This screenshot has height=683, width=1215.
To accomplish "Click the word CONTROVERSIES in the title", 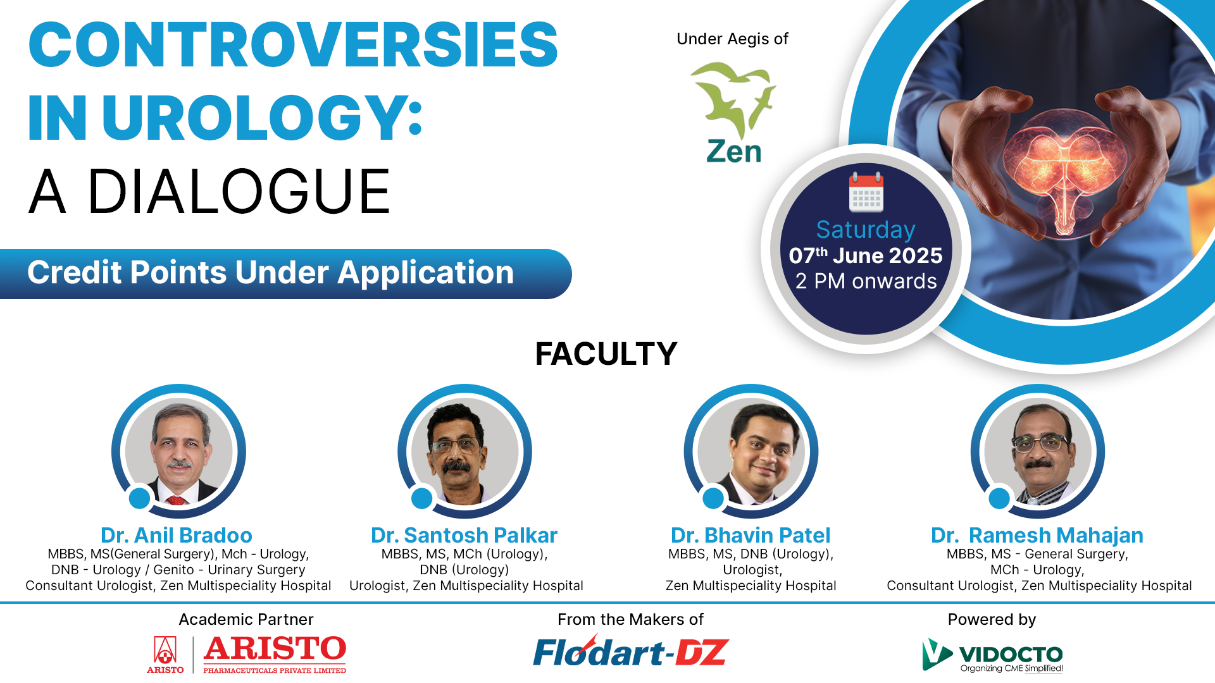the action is (293, 44).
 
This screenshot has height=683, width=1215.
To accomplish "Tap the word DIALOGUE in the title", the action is (239, 192).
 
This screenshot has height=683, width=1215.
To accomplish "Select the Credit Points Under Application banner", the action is (285, 274).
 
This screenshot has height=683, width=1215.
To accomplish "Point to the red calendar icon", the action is (866, 192).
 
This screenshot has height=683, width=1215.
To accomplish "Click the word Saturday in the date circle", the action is (866, 230).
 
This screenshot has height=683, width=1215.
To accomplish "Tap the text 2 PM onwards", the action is (866, 281).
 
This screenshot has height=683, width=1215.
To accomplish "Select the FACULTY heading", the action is (606, 354).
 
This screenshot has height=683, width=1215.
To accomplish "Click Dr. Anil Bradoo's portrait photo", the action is (178, 451).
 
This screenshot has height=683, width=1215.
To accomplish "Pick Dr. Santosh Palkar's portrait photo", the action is (464, 451).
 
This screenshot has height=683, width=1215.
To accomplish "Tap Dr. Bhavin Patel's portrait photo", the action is (751, 451).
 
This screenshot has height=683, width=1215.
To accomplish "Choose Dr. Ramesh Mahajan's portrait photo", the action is (1038, 451).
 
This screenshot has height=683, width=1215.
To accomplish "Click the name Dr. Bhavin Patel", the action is (751, 536).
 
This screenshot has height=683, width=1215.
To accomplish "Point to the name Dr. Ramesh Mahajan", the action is (1037, 536).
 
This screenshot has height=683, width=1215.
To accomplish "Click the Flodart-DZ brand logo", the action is (631, 651).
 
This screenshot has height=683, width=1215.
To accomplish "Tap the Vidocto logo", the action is (992, 655).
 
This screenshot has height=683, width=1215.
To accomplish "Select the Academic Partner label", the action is (246, 619).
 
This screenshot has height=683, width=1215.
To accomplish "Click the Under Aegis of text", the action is (732, 39).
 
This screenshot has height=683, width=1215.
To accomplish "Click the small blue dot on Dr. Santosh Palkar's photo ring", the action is (421, 498).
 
